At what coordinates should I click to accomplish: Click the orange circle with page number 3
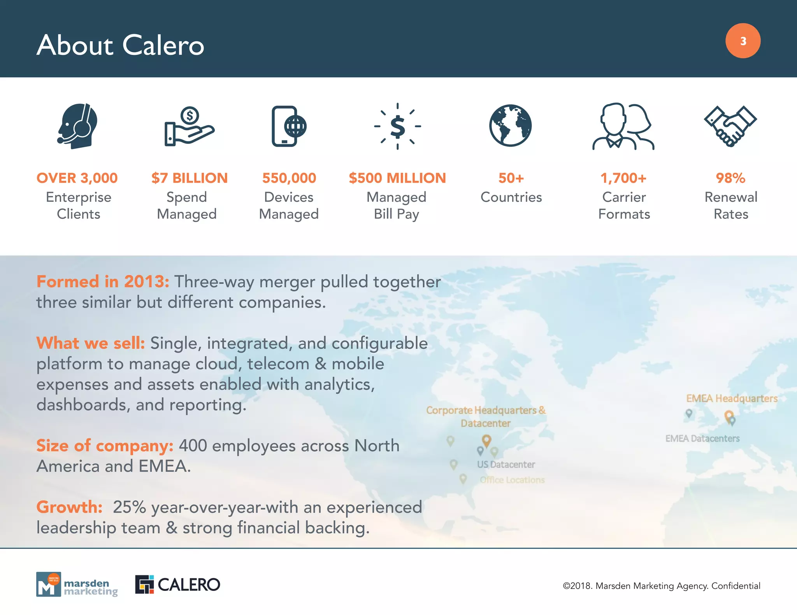click(x=743, y=41)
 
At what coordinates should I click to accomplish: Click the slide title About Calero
click(x=120, y=45)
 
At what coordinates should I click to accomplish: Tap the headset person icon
click(x=77, y=126)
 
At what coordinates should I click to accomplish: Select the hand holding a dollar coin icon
click(x=189, y=127)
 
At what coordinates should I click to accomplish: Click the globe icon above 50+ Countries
click(x=510, y=126)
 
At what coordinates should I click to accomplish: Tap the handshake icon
click(x=730, y=126)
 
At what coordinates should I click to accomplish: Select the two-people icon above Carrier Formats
click(x=623, y=127)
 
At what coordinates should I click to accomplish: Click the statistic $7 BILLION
click(x=189, y=178)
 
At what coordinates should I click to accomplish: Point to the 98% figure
click(x=730, y=178)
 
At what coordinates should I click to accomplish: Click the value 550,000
click(x=289, y=178)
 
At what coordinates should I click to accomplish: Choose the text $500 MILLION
click(x=397, y=178)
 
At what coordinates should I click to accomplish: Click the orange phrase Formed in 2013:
click(x=103, y=281)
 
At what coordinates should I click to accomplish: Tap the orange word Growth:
click(x=69, y=507)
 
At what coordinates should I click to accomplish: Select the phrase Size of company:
click(x=105, y=446)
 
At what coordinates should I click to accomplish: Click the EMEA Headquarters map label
click(x=731, y=398)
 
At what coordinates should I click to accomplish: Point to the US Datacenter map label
click(x=506, y=465)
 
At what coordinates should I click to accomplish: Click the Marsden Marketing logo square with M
click(x=48, y=584)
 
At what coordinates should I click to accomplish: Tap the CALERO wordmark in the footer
click(x=189, y=585)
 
